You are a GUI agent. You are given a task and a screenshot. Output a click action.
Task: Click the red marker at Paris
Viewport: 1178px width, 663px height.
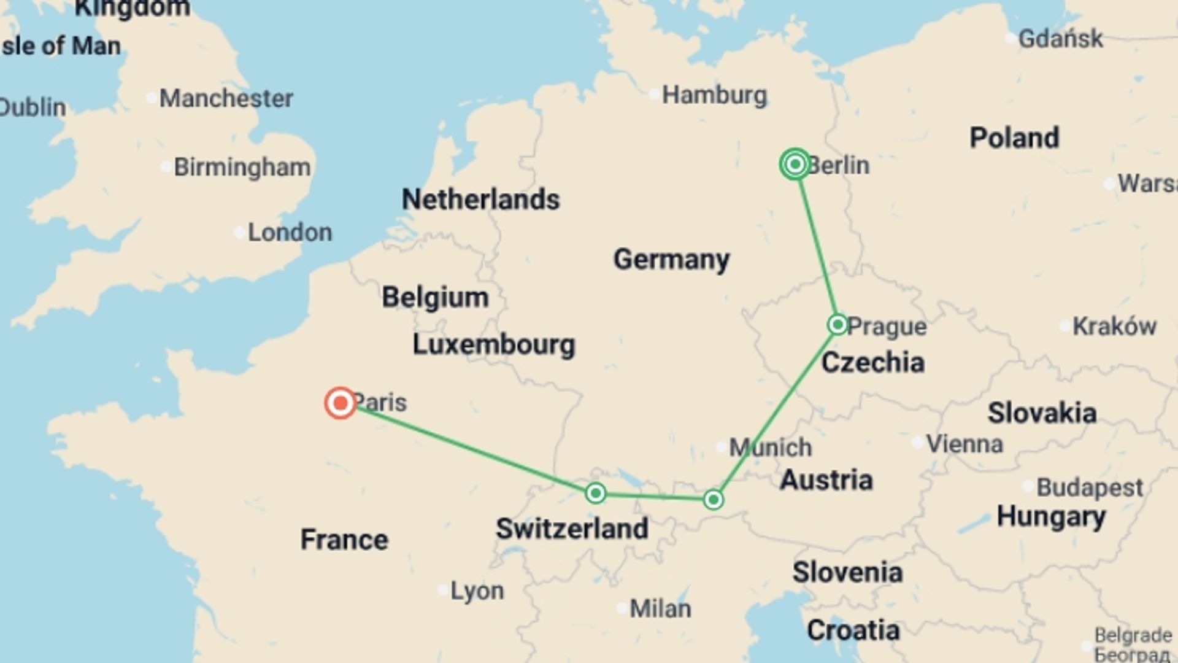(x=341, y=403)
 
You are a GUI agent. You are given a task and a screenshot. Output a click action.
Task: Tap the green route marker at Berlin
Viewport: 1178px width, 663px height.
(x=795, y=165)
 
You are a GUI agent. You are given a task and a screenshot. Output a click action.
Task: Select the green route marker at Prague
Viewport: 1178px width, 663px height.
(x=837, y=324)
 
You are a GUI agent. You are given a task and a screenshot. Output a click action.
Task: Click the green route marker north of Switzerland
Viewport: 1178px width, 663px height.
(x=595, y=493)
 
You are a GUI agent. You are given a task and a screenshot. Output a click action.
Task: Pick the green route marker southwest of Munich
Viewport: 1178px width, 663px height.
(x=713, y=500)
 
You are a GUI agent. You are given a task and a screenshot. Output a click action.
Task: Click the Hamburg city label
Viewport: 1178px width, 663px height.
(x=714, y=95)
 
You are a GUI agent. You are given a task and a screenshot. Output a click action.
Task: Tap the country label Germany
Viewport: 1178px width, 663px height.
(x=671, y=259)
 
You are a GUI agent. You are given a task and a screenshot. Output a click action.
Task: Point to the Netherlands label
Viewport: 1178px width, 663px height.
(x=480, y=200)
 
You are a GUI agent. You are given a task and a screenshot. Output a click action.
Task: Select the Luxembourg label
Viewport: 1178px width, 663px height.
(x=493, y=344)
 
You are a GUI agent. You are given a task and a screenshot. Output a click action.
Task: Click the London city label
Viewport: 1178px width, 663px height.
(x=290, y=233)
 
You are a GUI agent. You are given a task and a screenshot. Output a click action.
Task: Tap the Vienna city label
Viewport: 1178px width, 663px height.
(x=964, y=444)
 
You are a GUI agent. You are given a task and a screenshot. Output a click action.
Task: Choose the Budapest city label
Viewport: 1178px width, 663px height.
(x=1090, y=488)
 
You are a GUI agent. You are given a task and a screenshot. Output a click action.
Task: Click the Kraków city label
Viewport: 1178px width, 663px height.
(x=1114, y=326)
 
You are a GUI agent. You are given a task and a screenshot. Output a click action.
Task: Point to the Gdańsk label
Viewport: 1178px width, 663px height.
(x=1060, y=39)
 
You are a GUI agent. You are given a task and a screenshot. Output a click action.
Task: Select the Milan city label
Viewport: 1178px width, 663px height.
(x=660, y=609)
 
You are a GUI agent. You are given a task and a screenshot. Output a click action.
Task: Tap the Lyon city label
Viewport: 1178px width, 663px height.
(x=477, y=591)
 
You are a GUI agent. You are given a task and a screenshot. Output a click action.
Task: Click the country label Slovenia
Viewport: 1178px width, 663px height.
(x=847, y=572)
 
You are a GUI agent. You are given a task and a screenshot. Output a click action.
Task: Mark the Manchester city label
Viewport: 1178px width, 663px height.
(x=226, y=98)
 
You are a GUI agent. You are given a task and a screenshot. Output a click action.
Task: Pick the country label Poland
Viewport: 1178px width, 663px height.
(x=1014, y=138)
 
